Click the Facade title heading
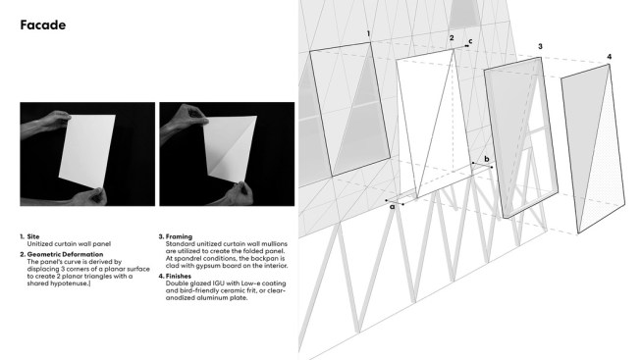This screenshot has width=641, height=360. pyautogui.click(x=43, y=25)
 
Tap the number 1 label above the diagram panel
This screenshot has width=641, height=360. pyautogui.click(x=369, y=33)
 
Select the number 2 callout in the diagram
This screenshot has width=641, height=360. pyautogui.click(x=452, y=38)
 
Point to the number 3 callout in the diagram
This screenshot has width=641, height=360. pyautogui.click(x=540, y=46)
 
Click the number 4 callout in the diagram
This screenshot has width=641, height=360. pyautogui.click(x=610, y=57)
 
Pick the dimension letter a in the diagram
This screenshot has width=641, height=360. pyautogui.click(x=393, y=207)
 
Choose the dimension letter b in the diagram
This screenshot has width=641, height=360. pyautogui.click(x=487, y=159)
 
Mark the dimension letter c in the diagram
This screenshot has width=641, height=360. pyautogui.click(x=470, y=41)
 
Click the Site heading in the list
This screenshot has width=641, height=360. pyautogui.click(x=33, y=236)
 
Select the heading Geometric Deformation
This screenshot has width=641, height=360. pyautogui.click(x=65, y=254)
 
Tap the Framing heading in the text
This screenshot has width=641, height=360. pyautogui.click(x=179, y=236)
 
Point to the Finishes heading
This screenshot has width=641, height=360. pyautogui.click(x=179, y=277)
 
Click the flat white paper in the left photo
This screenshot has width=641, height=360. pyautogui.click(x=87, y=152)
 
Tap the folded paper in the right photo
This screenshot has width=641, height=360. pyautogui.click(x=230, y=149)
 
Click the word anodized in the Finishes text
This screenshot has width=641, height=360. pyautogui.click(x=180, y=298)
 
